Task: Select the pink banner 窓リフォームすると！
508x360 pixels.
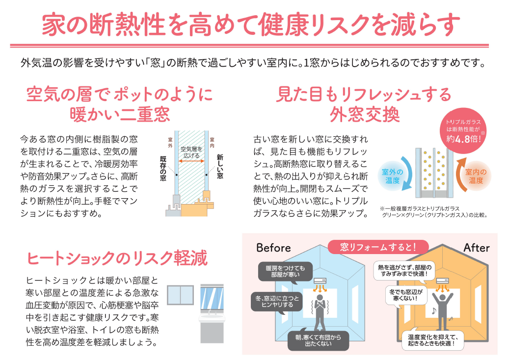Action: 377,246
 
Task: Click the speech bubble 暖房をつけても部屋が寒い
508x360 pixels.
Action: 285,272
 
